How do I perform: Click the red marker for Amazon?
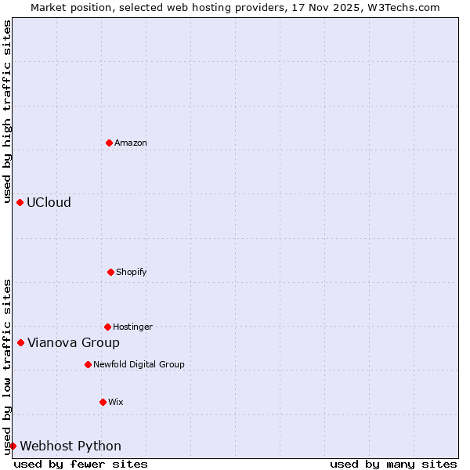tap(109, 143)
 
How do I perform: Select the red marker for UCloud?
tap(20, 202)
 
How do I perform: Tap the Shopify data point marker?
tap(110, 272)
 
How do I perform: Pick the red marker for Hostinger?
tap(107, 327)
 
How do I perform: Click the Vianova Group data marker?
tap(20, 342)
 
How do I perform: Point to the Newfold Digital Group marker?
tap(88, 364)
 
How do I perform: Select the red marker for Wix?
tap(103, 402)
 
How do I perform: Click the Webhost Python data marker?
tap(13, 446)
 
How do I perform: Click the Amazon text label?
tap(131, 143)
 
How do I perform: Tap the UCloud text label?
tap(49, 202)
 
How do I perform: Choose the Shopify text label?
tap(132, 272)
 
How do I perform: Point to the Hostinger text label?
tap(132, 327)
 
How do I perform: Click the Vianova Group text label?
tap(74, 342)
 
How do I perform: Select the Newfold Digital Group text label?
tap(139, 364)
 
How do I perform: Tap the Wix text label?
tap(116, 402)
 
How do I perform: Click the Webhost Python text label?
tap(70, 446)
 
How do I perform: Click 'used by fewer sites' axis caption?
tap(81, 464)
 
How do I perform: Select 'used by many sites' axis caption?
tap(393, 464)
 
